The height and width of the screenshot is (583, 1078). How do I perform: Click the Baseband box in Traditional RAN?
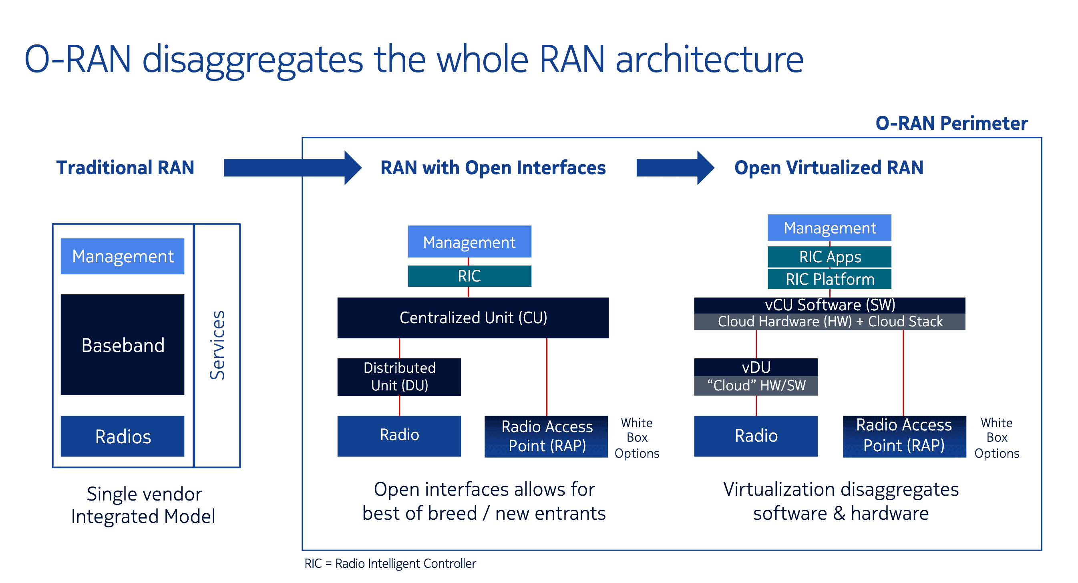pos(122,344)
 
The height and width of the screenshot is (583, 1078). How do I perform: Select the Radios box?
pos(122,436)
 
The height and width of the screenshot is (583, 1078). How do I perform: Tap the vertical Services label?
pos(217,345)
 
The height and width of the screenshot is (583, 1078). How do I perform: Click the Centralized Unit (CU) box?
pos(473,318)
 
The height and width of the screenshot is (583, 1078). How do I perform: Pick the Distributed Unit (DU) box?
pos(399,377)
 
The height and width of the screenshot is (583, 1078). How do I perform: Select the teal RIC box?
pos(470,276)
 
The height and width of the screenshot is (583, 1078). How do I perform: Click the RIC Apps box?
pos(829,257)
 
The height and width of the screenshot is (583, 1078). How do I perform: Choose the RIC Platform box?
pos(829,279)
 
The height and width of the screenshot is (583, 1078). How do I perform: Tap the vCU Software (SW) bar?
pos(829,305)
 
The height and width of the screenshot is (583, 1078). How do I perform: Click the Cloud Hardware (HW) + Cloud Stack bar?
pos(829,322)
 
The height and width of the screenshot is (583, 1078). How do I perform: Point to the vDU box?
pos(756,367)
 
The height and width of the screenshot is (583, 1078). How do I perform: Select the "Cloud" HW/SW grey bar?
pos(756,386)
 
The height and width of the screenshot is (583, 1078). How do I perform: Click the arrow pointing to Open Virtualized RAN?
pos(676,168)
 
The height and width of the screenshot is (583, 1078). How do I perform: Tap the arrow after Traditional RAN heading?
pos(292,168)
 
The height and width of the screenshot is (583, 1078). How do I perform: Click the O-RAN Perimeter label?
pos(951,123)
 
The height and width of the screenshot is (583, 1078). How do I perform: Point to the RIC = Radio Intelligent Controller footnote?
pos(390,563)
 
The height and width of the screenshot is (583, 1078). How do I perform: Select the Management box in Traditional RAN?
pos(122,256)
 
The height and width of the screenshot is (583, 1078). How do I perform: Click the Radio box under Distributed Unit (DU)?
pos(399,436)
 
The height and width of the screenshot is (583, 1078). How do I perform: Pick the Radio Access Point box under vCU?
pos(904,436)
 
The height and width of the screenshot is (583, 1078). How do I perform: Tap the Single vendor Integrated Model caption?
pos(143,505)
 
